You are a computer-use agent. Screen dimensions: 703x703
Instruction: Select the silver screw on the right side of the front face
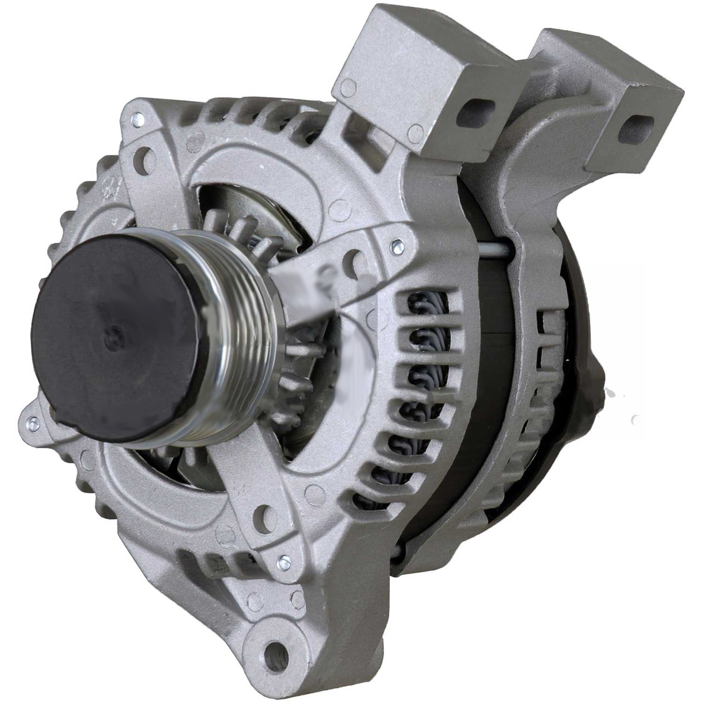396,243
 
